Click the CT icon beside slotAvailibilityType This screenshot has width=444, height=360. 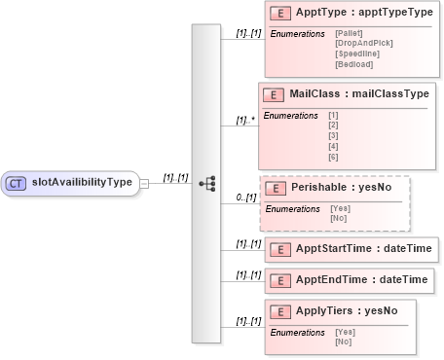coord(17,182)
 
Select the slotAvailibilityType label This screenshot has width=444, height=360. coord(82,182)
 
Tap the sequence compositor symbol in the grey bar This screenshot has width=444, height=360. coord(206,182)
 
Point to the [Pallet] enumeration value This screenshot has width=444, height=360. coord(348,34)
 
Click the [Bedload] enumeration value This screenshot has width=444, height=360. coord(351,64)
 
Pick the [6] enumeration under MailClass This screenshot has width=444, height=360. coord(334,156)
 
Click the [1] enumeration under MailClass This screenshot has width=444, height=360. coord(334,116)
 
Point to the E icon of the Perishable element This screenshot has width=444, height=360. coord(275,188)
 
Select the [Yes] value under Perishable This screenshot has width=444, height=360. coord(340,208)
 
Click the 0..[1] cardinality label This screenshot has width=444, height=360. coord(246,198)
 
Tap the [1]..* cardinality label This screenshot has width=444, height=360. coord(245,122)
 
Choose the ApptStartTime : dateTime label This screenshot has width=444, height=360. coord(363,249)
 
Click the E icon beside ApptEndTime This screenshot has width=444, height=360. coord(280,280)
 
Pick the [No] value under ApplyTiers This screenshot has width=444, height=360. coord(343,342)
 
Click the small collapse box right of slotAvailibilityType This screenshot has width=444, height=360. coord(144,182)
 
